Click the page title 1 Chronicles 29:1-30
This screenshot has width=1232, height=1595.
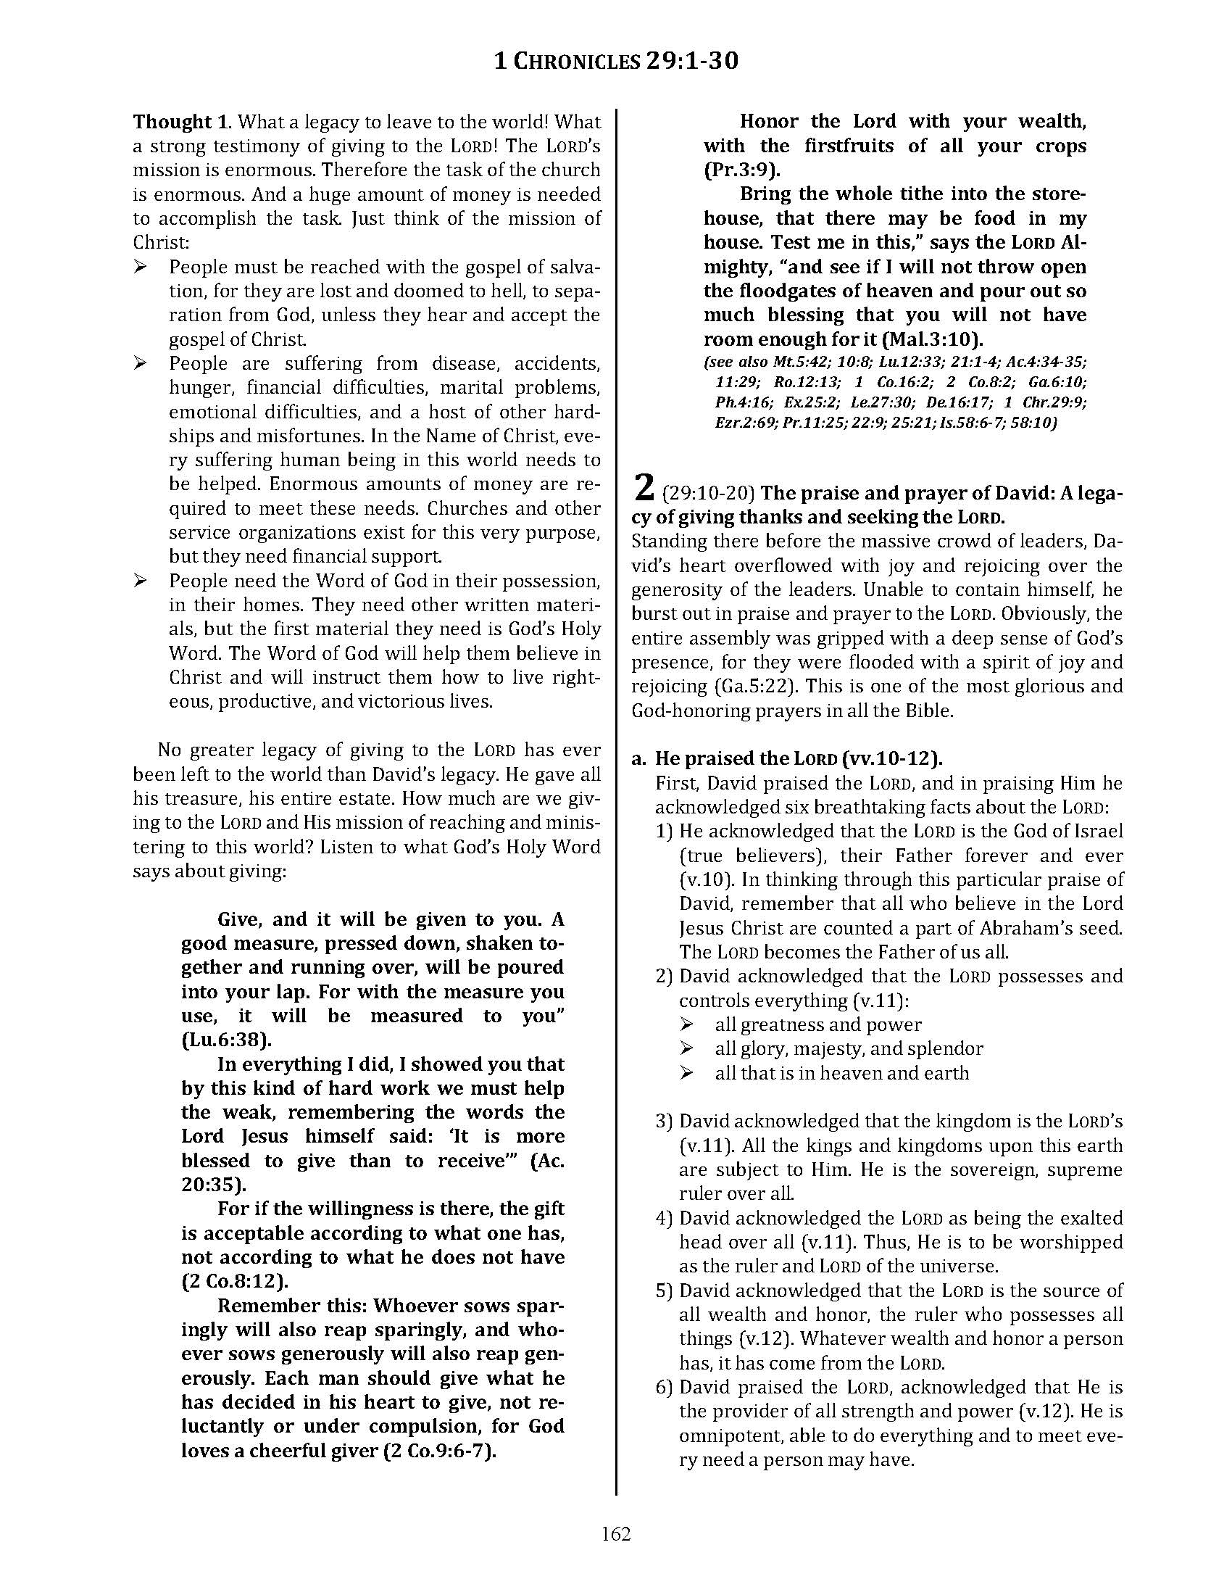click(x=616, y=61)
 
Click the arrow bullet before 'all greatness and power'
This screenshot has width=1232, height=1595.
click(x=686, y=1024)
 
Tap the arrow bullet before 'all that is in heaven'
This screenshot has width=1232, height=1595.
click(x=686, y=1073)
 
